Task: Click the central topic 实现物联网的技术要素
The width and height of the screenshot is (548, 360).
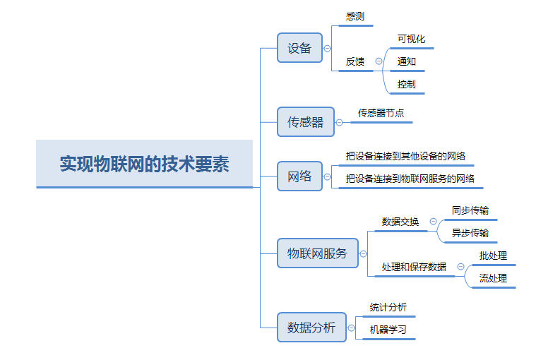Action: click(x=144, y=164)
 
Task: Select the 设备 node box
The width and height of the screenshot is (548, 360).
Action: click(x=299, y=48)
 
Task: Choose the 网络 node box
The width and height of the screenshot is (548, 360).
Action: click(x=299, y=176)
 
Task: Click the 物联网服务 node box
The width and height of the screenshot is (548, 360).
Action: click(x=317, y=253)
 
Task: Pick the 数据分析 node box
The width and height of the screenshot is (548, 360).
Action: click(x=311, y=328)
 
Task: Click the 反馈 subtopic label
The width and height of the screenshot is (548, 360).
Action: click(x=355, y=61)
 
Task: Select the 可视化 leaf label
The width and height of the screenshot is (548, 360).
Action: click(x=411, y=39)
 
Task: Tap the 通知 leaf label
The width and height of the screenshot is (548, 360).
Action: click(x=407, y=61)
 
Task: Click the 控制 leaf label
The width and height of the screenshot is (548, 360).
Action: click(x=406, y=84)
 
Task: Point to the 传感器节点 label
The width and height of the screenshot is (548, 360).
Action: click(x=381, y=113)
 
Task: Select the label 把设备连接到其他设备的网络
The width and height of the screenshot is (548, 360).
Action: click(x=405, y=156)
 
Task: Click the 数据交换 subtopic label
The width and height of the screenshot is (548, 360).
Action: click(x=400, y=222)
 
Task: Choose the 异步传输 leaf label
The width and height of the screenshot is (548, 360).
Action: click(x=470, y=233)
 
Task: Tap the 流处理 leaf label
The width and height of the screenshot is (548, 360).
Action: click(x=493, y=278)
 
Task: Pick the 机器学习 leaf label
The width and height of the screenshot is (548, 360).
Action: click(x=388, y=330)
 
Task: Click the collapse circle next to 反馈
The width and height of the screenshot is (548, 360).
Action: click(x=379, y=61)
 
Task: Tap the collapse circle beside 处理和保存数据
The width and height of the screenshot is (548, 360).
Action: click(x=460, y=267)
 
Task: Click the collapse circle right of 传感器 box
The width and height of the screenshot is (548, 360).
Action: click(x=339, y=122)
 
